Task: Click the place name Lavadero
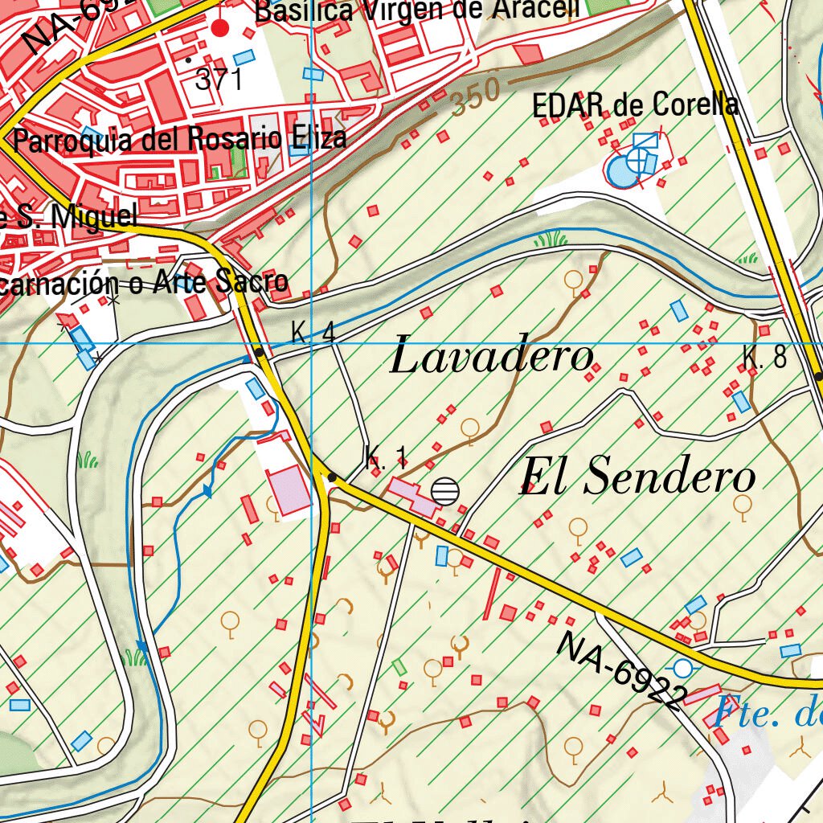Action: (x=492, y=358)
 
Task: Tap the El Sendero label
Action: (x=637, y=477)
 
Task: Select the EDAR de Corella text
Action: (x=635, y=105)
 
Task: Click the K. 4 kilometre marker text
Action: (x=313, y=333)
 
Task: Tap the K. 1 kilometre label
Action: (x=385, y=458)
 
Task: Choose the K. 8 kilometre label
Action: (x=764, y=358)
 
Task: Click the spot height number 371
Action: (x=219, y=79)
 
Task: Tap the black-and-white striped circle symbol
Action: (x=445, y=490)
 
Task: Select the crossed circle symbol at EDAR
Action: (x=638, y=162)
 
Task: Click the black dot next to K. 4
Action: (x=259, y=352)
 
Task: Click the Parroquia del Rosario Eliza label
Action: (x=181, y=139)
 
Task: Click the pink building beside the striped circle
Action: (x=411, y=496)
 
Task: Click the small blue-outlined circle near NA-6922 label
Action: (x=682, y=667)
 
